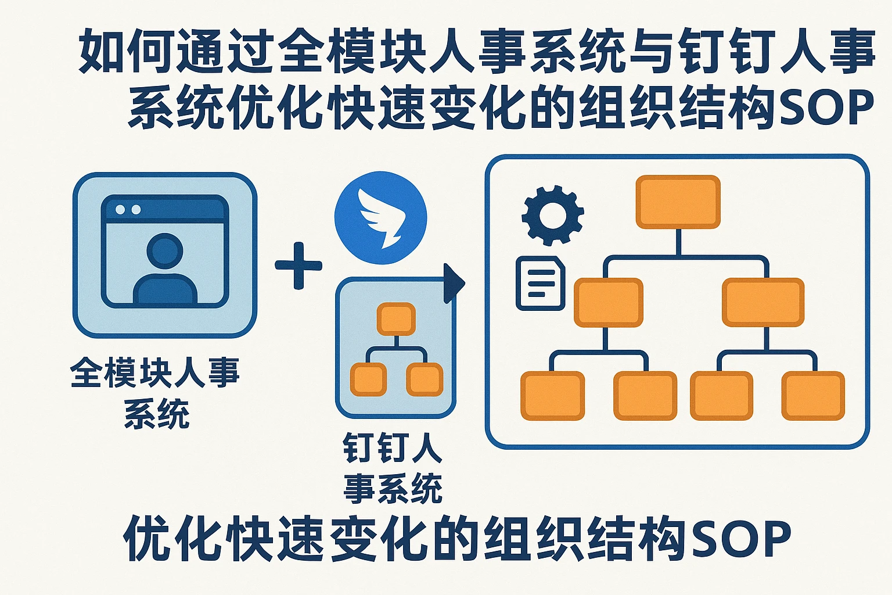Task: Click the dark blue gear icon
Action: point(552,215)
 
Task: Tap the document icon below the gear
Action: point(540,283)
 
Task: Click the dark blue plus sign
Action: point(298,266)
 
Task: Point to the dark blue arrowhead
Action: point(455,284)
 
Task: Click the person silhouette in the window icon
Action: point(165,270)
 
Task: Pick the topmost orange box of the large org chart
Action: point(678,202)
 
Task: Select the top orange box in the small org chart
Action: point(396,319)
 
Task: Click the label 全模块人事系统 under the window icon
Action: point(155,393)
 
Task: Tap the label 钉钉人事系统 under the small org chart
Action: point(393,468)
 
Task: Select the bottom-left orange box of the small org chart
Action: point(368,379)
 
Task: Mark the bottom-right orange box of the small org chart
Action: point(425,379)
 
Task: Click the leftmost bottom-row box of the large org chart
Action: point(552,396)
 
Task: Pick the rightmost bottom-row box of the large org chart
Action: point(812,396)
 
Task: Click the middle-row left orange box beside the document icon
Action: point(608,302)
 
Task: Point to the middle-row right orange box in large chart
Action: point(762,302)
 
